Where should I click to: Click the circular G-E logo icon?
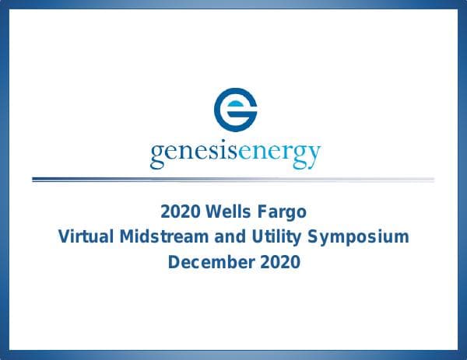234,110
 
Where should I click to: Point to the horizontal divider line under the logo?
233,180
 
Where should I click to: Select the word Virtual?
86,237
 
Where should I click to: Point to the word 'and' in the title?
224,237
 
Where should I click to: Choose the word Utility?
269,237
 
